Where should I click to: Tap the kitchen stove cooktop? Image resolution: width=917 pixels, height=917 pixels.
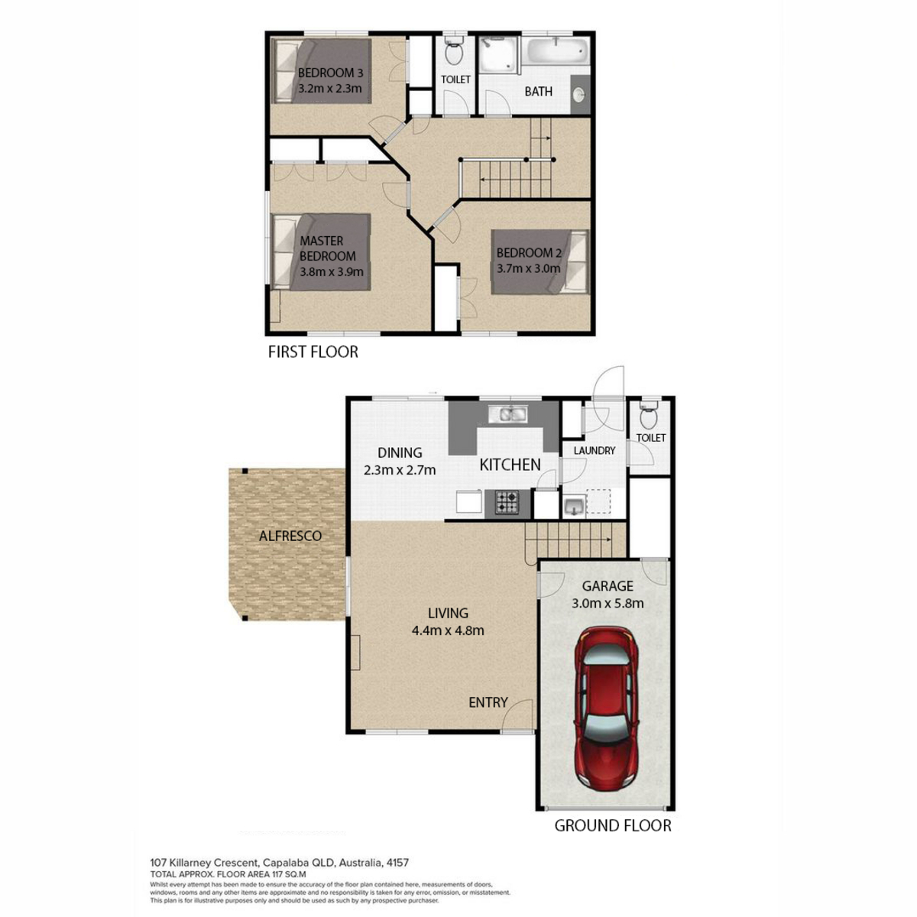[507, 503]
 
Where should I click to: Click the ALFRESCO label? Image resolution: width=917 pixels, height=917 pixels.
[290, 536]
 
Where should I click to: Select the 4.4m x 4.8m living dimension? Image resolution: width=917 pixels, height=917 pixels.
[448, 630]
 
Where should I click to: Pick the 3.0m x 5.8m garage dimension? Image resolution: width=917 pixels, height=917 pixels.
[608, 604]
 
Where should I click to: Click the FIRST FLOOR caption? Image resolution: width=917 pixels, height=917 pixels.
[313, 352]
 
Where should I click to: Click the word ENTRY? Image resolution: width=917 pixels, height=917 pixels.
[488, 702]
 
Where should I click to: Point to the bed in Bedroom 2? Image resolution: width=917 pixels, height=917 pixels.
[540, 262]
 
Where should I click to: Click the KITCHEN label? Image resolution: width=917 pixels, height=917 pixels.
[510, 465]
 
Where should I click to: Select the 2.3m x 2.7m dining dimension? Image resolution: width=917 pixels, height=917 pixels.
[400, 470]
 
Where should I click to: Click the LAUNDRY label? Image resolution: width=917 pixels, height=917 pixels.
[595, 450]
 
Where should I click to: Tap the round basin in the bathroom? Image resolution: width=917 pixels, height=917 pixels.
[579, 96]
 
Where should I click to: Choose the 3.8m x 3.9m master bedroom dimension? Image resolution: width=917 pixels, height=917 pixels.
[332, 272]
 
